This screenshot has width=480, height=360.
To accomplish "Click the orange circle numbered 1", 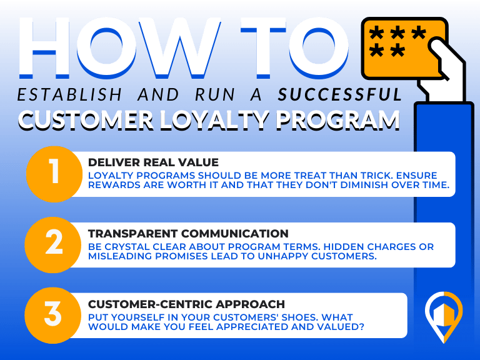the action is pyautogui.click(x=54, y=174).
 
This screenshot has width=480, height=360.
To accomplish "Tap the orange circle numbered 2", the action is pyautogui.click(x=53, y=245).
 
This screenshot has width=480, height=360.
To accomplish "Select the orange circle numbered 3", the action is pyautogui.click(x=53, y=315).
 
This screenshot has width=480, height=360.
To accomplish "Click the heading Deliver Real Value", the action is pyautogui.click(x=153, y=162).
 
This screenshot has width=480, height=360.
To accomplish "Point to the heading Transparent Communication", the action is pyautogui.click(x=188, y=234).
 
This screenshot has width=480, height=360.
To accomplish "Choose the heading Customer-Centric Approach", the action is pyautogui.click(x=186, y=304).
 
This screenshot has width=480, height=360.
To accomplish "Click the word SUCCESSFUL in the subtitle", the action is pyautogui.click(x=340, y=94).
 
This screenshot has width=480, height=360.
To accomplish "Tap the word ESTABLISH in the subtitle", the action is pyautogui.click(x=69, y=94).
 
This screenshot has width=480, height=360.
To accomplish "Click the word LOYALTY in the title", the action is pyautogui.click(x=214, y=120).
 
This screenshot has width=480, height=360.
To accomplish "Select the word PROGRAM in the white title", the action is pyautogui.click(x=338, y=120).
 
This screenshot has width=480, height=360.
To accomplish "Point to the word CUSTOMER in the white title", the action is pyautogui.click(x=86, y=120).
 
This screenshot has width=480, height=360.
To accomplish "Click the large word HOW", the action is pyautogui.click(x=120, y=47).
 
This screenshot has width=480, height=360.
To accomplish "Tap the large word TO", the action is pyautogui.click(x=294, y=47).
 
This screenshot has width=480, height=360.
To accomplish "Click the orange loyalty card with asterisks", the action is pyautogui.click(x=404, y=48).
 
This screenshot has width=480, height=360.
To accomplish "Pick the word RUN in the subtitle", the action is pyautogui.click(x=215, y=94).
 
